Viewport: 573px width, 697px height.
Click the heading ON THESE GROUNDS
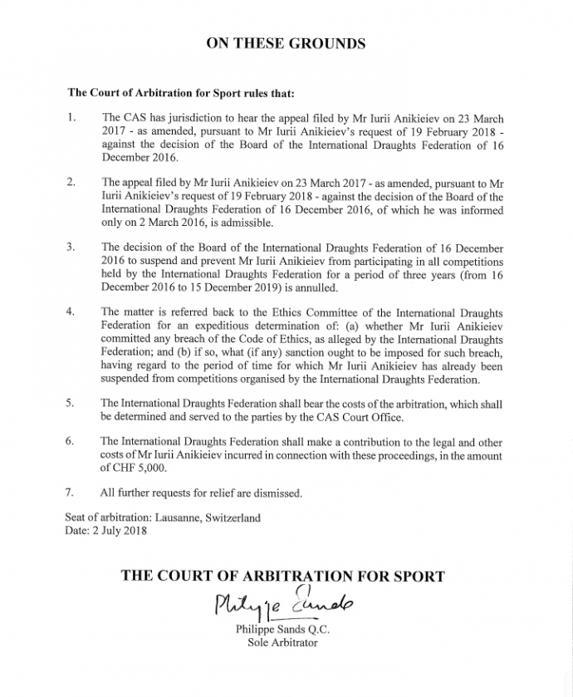click(x=286, y=43)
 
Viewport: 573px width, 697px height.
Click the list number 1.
click(x=70, y=119)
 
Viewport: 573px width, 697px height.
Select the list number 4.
click(x=71, y=312)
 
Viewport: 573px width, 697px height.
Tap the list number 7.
click(x=70, y=493)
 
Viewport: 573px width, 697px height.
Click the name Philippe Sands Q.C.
click(x=277, y=629)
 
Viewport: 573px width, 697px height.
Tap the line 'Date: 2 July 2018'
click(x=105, y=531)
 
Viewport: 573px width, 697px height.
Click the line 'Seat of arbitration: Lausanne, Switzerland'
click(x=162, y=518)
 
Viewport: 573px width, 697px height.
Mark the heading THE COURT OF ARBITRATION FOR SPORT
click(x=282, y=576)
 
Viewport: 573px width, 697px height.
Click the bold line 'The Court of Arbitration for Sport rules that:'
click(x=179, y=92)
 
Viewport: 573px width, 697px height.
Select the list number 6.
click(x=70, y=441)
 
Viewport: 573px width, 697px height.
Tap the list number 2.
click(x=70, y=180)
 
